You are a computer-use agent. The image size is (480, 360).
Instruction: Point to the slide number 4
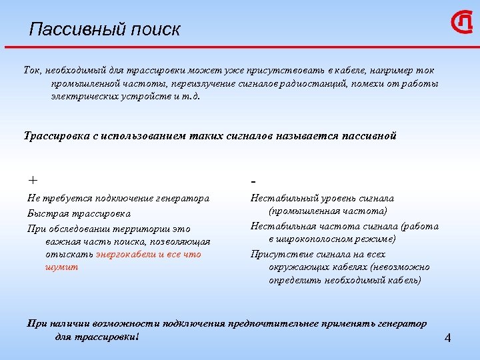(x=447, y=339)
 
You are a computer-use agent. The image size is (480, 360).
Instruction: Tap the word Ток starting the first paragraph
(x=32, y=70)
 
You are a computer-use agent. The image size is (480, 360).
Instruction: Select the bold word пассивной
(x=369, y=135)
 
